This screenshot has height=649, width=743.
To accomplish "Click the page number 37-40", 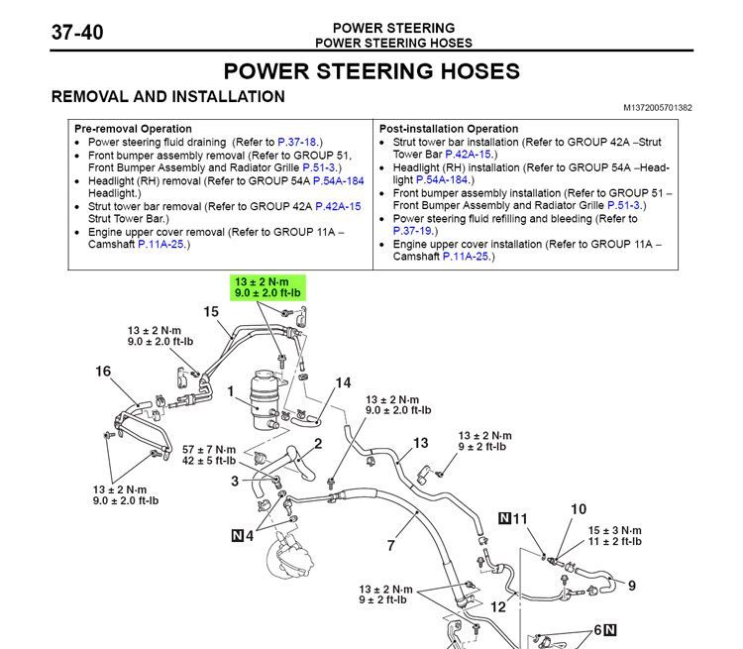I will click(x=77, y=32).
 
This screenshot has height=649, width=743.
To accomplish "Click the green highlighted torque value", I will click(x=269, y=287).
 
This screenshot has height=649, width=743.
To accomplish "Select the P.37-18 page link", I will click(x=298, y=143).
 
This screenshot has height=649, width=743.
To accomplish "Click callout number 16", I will click(x=103, y=372).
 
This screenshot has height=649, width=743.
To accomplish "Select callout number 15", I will click(x=211, y=312).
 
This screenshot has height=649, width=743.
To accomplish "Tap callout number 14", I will click(x=343, y=382).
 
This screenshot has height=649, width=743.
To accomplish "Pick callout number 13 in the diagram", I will click(x=421, y=444).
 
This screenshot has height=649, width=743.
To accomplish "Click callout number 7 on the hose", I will click(x=391, y=545).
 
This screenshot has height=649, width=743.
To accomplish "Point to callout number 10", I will click(x=578, y=510).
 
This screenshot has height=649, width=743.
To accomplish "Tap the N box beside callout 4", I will click(x=237, y=536).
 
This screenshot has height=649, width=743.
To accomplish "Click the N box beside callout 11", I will click(x=504, y=519).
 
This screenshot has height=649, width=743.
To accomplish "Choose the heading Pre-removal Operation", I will click(x=134, y=129).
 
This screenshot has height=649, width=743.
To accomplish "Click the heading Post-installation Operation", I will click(x=449, y=129).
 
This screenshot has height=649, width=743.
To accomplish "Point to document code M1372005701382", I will click(x=658, y=107).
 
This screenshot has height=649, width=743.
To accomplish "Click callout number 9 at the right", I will click(x=631, y=586).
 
